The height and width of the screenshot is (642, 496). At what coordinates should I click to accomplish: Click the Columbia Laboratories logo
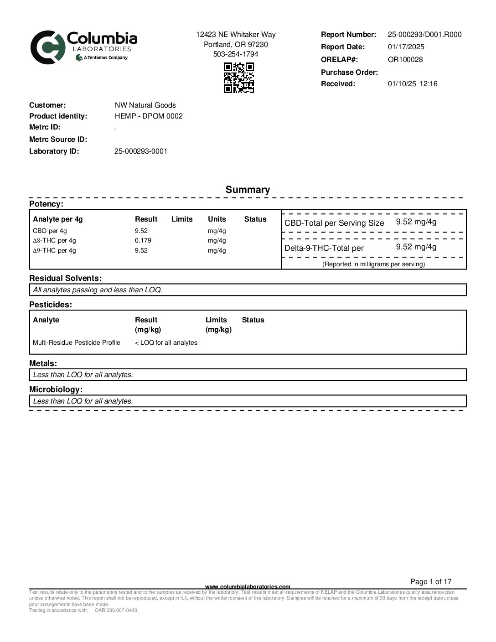pyautogui.click(x=83, y=47)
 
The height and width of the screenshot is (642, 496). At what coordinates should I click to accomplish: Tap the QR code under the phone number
pyautogui.click(x=238, y=78)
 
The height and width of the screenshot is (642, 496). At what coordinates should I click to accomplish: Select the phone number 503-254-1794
pyautogui.click(x=236, y=54)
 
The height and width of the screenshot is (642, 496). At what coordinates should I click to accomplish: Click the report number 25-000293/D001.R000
pyautogui.click(x=424, y=35)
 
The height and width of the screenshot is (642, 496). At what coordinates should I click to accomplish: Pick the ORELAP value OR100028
pyautogui.click(x=405, y=60)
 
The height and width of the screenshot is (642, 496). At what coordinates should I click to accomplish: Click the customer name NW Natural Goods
pyautogui.click(x=145, y=105)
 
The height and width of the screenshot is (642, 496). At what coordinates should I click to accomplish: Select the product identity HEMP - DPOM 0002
pyautogui.click(x=149, y=116)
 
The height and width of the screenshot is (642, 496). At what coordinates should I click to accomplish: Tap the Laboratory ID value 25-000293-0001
pyautogui.click(x=140, y=151)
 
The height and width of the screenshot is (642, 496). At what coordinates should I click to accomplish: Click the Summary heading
pyautogui.click(x=248, y=190)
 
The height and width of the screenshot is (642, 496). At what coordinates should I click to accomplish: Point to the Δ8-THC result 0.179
pyautogui.click(x=143, y=241)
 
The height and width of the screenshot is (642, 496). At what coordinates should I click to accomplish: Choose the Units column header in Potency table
pyautogui.click(x=217, y=219)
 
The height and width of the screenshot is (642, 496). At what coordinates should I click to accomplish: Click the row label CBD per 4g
pyautogui.click(x=50, y=231)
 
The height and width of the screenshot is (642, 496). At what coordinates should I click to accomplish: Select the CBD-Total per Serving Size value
pyautogui.click(x=416, y=222)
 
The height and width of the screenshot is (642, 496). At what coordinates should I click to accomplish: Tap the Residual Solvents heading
pyautogui.click(x=65, y=278)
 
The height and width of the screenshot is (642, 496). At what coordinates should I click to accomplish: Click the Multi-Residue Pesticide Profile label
pyautogui.click(x=77, y=343)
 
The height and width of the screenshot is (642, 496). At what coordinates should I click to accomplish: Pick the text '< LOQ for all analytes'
pyautogui.click(x=166, y=343)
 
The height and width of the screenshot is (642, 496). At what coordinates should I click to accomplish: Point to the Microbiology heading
pyautogui.click(x=56, y=390)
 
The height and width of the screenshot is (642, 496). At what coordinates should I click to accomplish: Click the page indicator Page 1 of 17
pyautogui.click(x=430, y=582)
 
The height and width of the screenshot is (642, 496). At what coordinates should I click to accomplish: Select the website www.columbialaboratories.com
pyautogui.click(x=248, y=587)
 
